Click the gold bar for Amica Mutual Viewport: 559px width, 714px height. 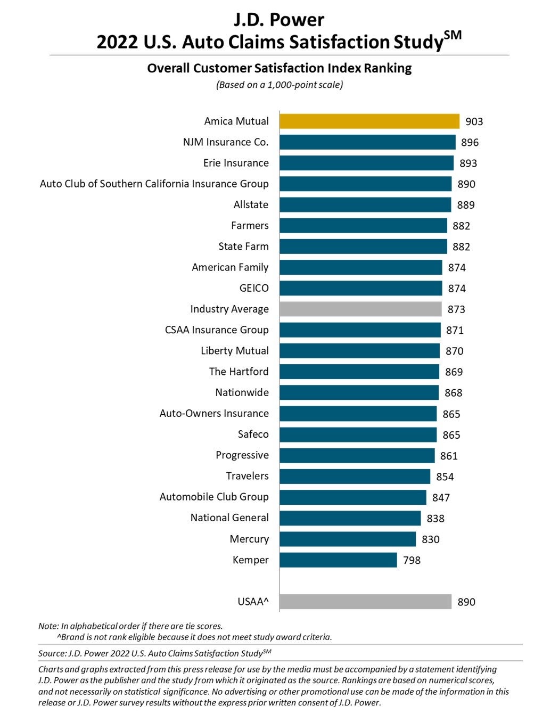click(369, 121)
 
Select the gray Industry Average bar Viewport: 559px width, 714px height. click(360, 309)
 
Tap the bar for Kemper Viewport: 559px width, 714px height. click(338, 560)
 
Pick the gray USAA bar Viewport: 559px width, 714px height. click(365, 602)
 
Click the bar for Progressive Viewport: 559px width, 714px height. click(357, 456)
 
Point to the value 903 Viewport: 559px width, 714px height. click(474, 121)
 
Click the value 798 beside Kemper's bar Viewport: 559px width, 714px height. click(412, 560)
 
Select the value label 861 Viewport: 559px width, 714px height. click(449, 456)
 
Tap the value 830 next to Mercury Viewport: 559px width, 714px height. click(430, 539)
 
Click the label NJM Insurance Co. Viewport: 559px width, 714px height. click(226, 142)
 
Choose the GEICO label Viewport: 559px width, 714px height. click(254, 288)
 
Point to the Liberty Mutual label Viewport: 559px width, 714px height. click(235, 351)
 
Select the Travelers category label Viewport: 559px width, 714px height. click(247, 476)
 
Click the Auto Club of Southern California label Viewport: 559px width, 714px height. click(154, 184)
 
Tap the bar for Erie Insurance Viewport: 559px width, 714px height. click(366, 163)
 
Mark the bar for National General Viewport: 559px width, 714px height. click(350, 518)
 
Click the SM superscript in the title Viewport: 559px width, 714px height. click(453, 35)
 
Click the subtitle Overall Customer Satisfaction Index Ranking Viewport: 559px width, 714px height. click(279, 68)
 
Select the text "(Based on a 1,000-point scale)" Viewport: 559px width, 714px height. click(279, 85)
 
